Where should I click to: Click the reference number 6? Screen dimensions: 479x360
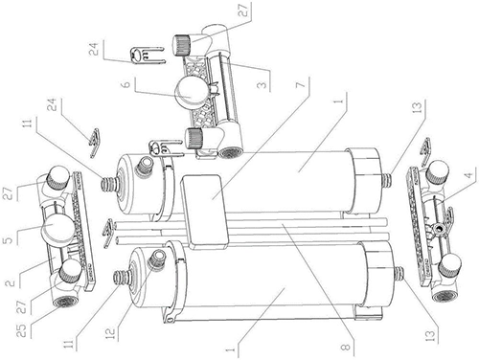pyautogui.click(x=126, y=84)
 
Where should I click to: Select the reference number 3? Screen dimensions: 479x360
pyautogui.click(x=262, y=85)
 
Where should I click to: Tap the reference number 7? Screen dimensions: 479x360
pyautogui.click(x=302, y=85)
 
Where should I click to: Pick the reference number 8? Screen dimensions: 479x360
pyautogui.click(x=346, y=347)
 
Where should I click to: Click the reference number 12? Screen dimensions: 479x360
pyautogui.click(x=110, y=332)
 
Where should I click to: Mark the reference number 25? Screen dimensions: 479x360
pyautogui.click(x=22, y=331)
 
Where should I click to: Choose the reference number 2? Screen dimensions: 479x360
pyautogui.click(x=10, y=282)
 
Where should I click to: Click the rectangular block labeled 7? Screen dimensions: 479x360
pyautogui.click(x=204, y=212)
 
